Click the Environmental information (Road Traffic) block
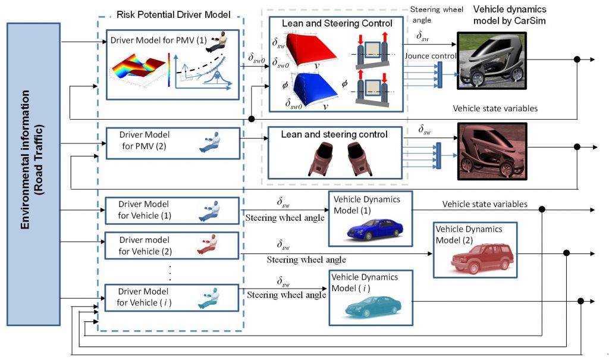[x=33, y=174]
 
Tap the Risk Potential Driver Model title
[x=173, y=15]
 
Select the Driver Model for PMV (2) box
[x=173, y=143]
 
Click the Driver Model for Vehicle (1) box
[x=172, y=211]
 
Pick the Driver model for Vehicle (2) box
[x=172, y=245]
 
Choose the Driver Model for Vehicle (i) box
[x=172, y=298]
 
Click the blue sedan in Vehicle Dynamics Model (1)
[x=375, y=228]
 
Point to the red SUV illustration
[x=482, y=258]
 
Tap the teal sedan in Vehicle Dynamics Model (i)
[x=373, y=306]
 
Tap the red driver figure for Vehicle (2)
[x=207, y=245]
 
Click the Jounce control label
[x=431, y=56]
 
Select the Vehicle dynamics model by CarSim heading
[x=510, y=15]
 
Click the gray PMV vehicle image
[x=492, y=61]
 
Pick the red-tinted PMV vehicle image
[x=492, y=151]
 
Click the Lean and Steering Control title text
[x=337, y=23]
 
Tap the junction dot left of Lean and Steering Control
[x=252, y=118]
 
